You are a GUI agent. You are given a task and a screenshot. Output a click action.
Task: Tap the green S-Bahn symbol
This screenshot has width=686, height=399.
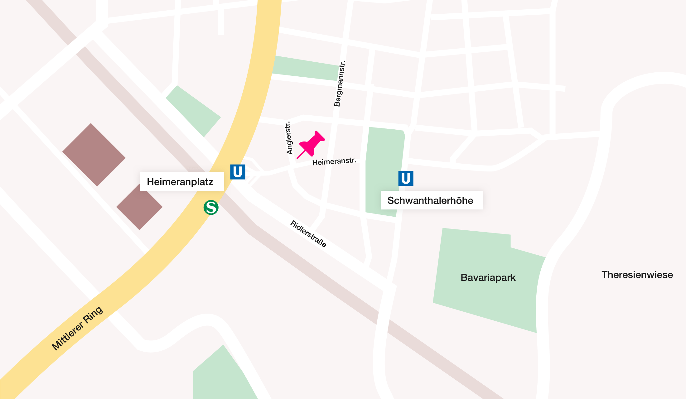click(x=211, y=208)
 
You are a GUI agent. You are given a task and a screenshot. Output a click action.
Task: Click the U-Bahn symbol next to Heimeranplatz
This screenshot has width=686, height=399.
click(x=238, y=172)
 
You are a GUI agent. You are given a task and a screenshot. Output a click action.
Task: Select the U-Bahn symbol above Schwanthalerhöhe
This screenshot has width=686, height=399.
click(x=406, y=178)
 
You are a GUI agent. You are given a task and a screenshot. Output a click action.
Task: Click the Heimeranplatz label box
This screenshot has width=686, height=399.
click(x=181, y=181)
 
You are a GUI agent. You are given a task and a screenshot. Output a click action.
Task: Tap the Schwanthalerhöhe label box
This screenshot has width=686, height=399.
click(x=432, y=200)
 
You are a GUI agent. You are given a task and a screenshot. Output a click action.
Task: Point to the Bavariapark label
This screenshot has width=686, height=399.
click(x=488, y=277)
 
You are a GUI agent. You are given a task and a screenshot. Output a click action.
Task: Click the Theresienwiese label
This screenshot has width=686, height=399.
click(x=637, y=275)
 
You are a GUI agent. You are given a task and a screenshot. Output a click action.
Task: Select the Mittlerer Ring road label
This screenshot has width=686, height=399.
click(x=77, y=328)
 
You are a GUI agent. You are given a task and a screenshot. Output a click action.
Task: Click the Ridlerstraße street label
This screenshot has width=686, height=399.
click(x=308, y=234)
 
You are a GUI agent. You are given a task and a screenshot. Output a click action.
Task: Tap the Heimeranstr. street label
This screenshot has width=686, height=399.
click(x=334, y=161)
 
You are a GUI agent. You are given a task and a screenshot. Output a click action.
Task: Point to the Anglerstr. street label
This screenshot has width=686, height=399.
click(x=289, y=138)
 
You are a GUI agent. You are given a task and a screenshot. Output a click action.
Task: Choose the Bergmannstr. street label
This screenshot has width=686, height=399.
click(x=340, y=84)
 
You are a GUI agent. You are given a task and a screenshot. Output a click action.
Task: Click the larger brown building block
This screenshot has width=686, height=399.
click(x=94, y=155)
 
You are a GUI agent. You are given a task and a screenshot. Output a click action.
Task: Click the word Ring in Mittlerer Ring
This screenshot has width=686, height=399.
click(x=93, y=315)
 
